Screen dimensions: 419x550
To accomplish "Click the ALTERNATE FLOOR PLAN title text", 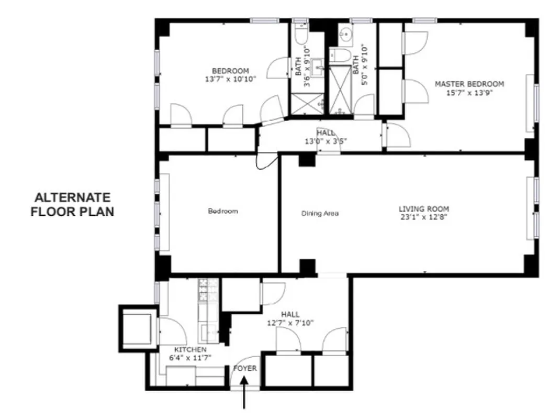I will pyautogui.click(x=72, y=205).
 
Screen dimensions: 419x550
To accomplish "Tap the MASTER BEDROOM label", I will pyautogui.click(x=469, y=84).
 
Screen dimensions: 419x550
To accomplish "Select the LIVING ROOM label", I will pyautogui.click(x=424, y=208).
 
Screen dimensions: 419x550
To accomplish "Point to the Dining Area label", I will pyautogui.click(x=320, y=213).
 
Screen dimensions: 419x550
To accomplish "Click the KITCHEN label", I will pyautogui.click(x=190, y=349).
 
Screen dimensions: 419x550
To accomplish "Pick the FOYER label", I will pyautogui.click(x=245, y=368).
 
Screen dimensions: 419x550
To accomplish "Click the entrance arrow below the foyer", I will pyautogui.click(x=245, y=395).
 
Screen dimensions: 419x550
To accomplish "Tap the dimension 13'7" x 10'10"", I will pyautogui.click(x=231, y=80).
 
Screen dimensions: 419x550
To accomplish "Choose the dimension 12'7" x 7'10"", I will pyautogui.click(x=290, y=323).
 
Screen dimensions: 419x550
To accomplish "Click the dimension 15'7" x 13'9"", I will pyautogui.click(x=469, y=93).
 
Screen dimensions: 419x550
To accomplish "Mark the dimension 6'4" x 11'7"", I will pyautogui.click(x=190, y=358).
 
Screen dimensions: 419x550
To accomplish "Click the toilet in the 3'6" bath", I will pyautogui.click(x=300, y=35).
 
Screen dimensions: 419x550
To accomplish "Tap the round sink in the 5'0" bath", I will pyautogui.click(x=346, y=35).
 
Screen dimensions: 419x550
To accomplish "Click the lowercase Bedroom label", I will pyautogui.click(x=223, y=211).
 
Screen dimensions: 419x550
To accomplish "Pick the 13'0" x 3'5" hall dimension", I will pyautogui.click(x=326, y=141).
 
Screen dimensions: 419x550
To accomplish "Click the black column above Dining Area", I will pyautogui.click(x=306, y=160).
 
